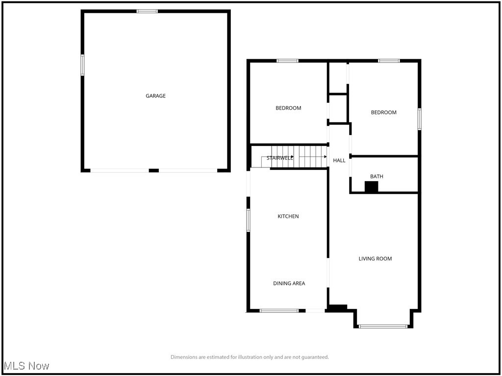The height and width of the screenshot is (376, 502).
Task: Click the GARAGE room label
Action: pos(155,96)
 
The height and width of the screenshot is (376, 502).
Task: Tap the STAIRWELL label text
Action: pos(280,158)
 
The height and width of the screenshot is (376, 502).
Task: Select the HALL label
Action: pos(339,161)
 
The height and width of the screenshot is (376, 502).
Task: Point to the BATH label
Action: pos(376,176)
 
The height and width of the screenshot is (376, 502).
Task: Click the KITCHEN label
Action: pos(288,216)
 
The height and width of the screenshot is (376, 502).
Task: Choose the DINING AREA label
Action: pos(289,283)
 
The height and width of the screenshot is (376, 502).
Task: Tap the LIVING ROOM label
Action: pos(375,258)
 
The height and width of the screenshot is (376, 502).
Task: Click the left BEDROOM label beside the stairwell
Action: pos(288,108)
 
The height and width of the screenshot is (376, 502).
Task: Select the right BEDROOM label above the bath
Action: pos(383,113)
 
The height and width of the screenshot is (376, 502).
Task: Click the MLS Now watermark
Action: pos(27,366)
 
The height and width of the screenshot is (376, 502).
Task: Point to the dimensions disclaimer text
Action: pos(250,357)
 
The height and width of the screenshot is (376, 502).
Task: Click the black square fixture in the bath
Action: pos(372,187)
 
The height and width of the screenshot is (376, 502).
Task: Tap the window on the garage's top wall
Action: pos(147,11)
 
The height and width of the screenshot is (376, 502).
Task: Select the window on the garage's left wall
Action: pos(82,65)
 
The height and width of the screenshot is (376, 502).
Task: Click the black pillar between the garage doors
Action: pos(154,170)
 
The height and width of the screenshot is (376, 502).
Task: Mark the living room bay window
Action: pos(383,326)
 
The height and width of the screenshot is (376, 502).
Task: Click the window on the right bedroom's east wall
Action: pos(420,119)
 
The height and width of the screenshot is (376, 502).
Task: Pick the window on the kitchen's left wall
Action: pos(249,220)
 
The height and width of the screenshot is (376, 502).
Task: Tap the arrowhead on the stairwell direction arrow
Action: pos(325,157)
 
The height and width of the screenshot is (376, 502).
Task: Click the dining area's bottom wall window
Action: pos(279,310)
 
